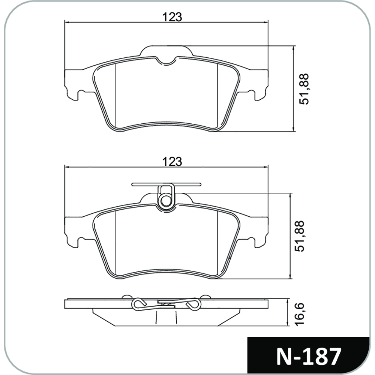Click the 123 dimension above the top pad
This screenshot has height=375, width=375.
click(x=172, y=17)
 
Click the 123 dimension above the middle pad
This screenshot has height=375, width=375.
click(x=172, y=162)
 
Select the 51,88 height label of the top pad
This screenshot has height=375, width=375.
click(x=304, y=89)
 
